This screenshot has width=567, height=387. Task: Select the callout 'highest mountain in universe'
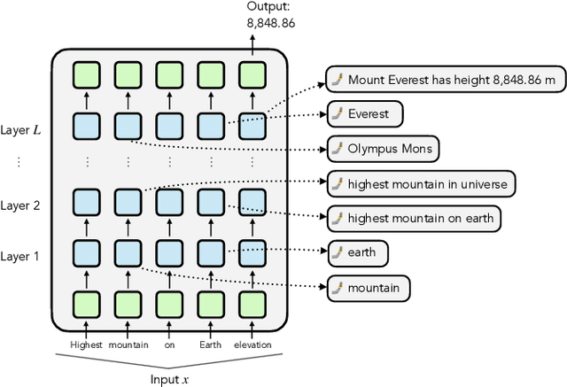coord(420,184)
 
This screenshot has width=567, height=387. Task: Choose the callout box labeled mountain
coord(369,287)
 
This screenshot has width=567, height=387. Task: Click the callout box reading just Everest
coord(363,114)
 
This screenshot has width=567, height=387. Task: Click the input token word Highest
coord(85,344)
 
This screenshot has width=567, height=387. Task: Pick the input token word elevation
coord(253,344)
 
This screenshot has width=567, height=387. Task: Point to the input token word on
coord(169,344)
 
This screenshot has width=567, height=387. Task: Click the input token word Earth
coord(211,344)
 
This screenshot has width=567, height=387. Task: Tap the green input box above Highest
coord(86,306)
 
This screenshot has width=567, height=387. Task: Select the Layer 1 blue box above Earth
coord(211,254)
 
